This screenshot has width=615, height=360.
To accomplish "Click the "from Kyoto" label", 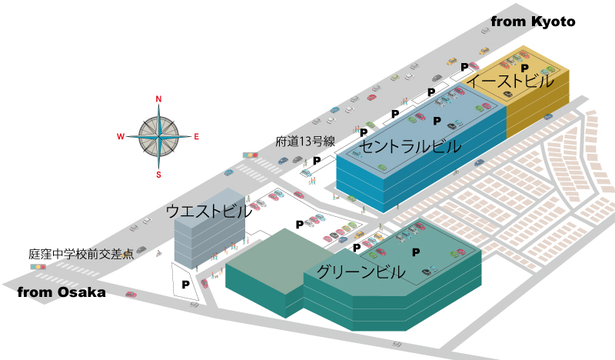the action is point(533,22).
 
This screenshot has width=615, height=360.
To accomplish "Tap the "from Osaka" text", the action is point(61,292).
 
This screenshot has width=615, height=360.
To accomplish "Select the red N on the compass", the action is point(158,99).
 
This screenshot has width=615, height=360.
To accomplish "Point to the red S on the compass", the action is point(158,175).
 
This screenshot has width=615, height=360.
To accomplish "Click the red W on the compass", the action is point(121,137).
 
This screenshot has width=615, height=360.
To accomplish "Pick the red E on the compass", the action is point(196,137).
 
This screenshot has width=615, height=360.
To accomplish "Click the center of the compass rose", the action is point(158,137).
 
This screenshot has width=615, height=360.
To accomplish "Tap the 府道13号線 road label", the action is point(305,142).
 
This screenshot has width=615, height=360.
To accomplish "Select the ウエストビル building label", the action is point(209,211).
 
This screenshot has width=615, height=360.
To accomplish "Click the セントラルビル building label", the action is point(411,146).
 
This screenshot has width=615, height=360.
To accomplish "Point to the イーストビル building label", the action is point(510,81).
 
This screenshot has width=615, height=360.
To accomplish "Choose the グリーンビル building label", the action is point(361,272).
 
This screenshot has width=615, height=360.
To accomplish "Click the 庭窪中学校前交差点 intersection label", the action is point(81,254).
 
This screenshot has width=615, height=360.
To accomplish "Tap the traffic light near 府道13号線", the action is point(251,155).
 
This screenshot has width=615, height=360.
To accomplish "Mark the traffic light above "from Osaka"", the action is point(38,267).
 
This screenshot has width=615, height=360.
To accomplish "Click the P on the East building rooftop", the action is point(524,68).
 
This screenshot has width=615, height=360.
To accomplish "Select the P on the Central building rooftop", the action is point(437,121).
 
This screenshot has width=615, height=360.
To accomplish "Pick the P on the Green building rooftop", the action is point(416,252).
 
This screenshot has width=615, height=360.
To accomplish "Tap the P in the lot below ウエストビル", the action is point(185,285).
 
